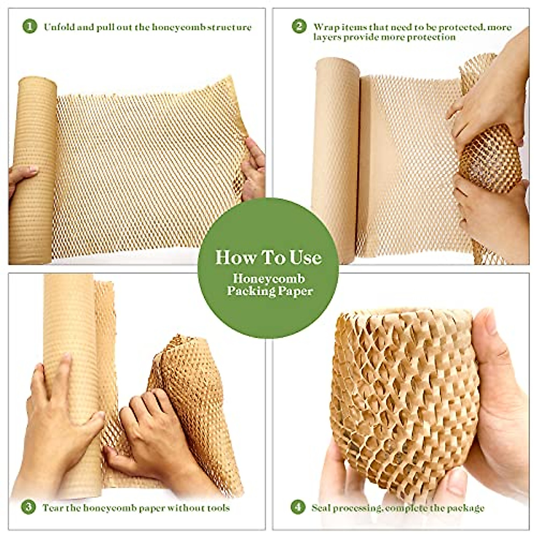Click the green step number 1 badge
click(29, 26)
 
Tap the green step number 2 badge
click(299, 26)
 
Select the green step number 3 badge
click(29, 507)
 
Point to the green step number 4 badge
click(298, 507)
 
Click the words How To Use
click(268, 258)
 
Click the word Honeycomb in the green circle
click(268, 279)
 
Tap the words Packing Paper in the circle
click(269, 291)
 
